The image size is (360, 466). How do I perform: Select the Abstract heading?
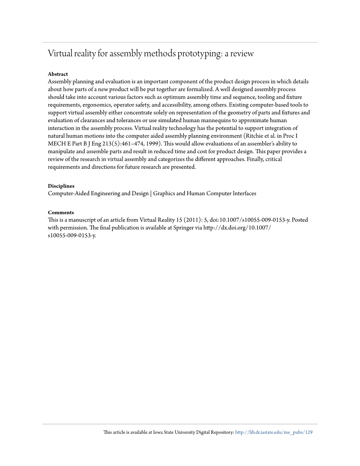pyautogui.click(x=58, y=74)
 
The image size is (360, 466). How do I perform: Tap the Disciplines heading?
pyautogui.click(x=61, y=186)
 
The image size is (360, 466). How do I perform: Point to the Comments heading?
pyautogui.click(x=61, y=213)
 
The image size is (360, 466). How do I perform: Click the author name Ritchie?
pyautogui.click(x=254, y=136)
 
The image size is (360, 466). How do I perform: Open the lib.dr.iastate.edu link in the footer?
pyautogui.click(x=274, y=432)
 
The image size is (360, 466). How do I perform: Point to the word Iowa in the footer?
pyautogui.click(x=161, y=432)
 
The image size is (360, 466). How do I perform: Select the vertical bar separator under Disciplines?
pyautogui.click(x=151, y=194)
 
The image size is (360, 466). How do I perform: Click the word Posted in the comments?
pyautogui.click(x=299, y=220)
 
